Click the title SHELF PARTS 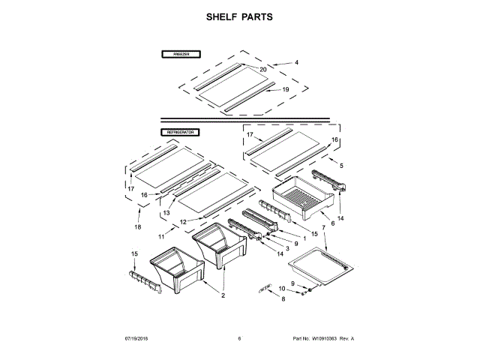(x=240, y=16)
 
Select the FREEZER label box (x=179, y=55)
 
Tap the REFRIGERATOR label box (x=181, y=132)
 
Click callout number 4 (x=295, y=62)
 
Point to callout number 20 (x=262, y=70)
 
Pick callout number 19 (x=285, y=90)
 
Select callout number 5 (x=341, y=165)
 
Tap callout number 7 (x=323, y=227)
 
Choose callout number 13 (x=166, y=213)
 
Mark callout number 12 (x=182, y=222)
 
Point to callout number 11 (x=161, y=236)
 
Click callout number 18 (x=137, y=226)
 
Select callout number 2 (x=222, y=295)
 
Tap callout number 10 (x=283, y=289)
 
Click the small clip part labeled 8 (x=264, y=287)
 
